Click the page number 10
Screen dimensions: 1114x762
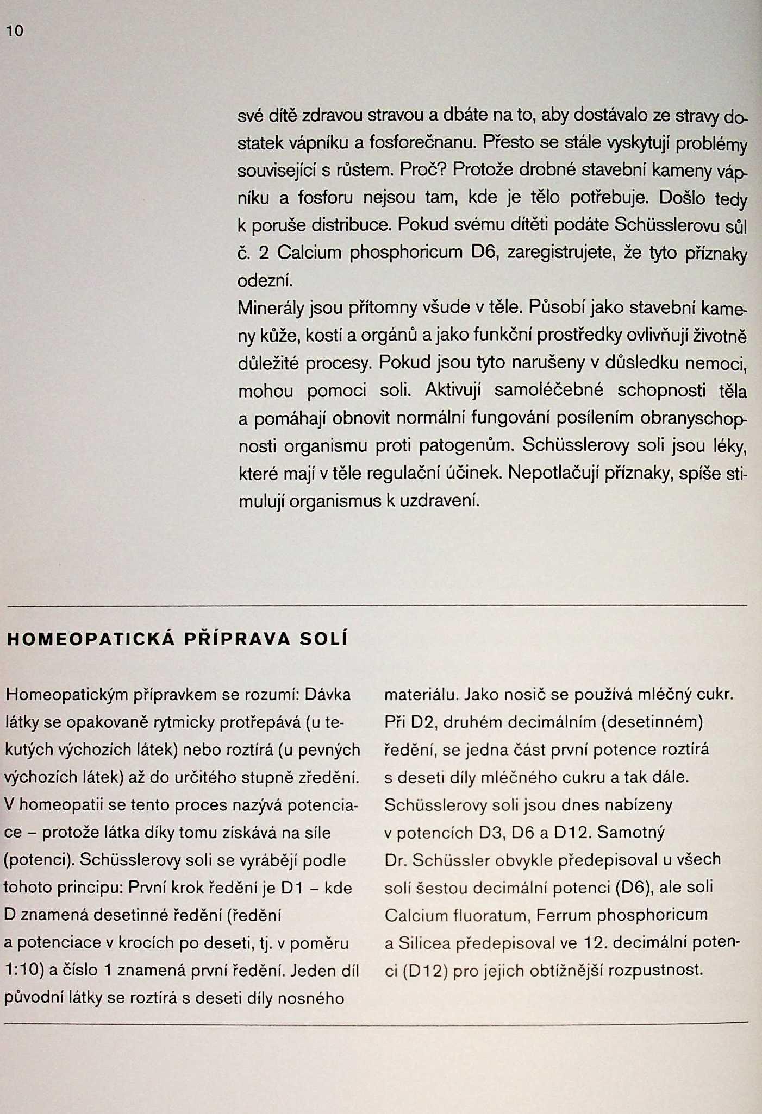(x=15, y=32)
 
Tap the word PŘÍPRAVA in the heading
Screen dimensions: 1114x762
(x=238, y=639)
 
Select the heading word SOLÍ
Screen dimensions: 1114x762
(x=324, y=639)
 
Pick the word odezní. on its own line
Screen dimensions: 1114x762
(x=266, y=281)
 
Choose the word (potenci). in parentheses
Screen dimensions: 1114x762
(x=39, y=860)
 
